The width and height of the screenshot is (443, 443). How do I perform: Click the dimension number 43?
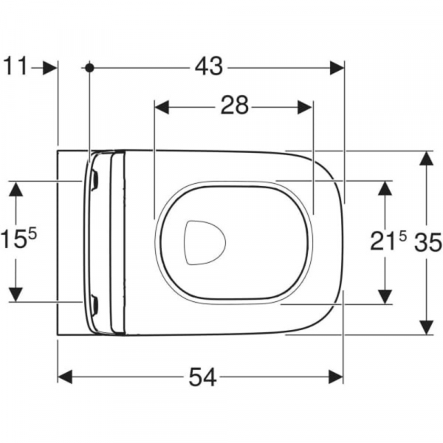(209, 67)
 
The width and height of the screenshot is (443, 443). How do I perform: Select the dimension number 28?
(234, 107)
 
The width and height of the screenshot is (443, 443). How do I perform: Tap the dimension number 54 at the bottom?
(202, 377)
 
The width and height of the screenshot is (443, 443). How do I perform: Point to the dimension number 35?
(427, 242)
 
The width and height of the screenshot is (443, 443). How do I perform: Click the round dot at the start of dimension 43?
(89, 67)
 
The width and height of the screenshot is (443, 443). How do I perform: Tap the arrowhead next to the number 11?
(49, 67)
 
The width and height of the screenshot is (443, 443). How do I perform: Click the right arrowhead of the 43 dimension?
(337, 67)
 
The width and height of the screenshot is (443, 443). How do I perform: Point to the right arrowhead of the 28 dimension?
(305, 107)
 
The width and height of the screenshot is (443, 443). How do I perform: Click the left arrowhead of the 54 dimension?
(66, 377)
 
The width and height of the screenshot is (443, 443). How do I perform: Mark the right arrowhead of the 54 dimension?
(336, 377)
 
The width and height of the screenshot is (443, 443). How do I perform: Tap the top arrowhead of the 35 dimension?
(426, 159)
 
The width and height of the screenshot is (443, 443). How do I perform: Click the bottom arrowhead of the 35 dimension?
(426, 327)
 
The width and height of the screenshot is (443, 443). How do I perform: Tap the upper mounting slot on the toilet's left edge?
(95, 177)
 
